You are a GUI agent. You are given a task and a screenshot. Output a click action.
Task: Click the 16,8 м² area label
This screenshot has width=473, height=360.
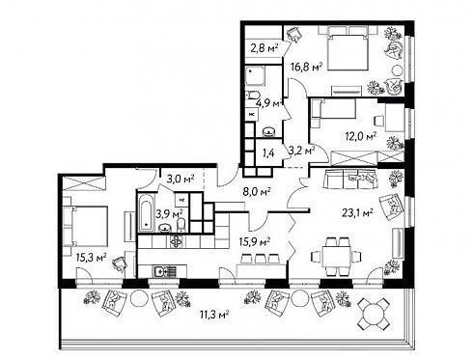tap(306, 68)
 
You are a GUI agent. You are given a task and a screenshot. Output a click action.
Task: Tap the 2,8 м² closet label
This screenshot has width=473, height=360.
tap(264, 48)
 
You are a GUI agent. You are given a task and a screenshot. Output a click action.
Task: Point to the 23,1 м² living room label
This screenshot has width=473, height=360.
tap(357, 212)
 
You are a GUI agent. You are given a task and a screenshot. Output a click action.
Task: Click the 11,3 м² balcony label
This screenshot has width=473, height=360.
tap(214, 315)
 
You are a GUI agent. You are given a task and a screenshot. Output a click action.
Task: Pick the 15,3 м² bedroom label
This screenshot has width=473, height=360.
tap(91, 258)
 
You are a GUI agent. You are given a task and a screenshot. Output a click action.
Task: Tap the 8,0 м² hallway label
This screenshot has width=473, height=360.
tap(257, 192)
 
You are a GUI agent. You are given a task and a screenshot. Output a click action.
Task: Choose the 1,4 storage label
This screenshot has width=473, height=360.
tap(268, 153)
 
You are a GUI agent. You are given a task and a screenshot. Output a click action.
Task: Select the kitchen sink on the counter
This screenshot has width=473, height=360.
tap(164, 272)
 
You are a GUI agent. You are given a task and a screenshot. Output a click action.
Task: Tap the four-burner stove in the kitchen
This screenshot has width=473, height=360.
tap(176, 241)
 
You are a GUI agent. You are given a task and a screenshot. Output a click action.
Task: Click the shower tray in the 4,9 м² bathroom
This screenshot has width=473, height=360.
tap(255, 75)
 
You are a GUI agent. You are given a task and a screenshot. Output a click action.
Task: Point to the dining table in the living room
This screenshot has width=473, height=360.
tap(336, 256)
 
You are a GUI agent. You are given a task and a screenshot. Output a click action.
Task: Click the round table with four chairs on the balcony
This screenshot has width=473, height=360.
tap(374, 314)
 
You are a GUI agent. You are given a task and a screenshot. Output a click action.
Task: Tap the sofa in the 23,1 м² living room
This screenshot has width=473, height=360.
tap(350, 180)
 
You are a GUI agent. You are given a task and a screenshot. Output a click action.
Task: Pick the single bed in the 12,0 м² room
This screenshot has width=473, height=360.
tap(333, 108)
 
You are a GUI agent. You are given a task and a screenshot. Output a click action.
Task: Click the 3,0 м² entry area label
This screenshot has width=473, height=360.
tap(181, 179)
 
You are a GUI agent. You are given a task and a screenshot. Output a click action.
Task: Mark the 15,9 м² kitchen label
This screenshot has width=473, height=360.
tap(254, 241)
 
